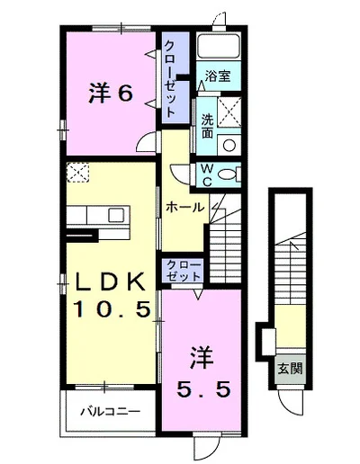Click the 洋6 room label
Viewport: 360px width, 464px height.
(x=111, y=94)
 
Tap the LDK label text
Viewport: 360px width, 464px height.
(x=110, y=281)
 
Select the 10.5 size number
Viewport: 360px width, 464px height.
(x=112, y=309)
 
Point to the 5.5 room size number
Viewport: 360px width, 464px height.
(x=203, y=389)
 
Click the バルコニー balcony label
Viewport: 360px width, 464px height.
(x=110, y=411)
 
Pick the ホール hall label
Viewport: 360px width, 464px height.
(x=184, y=207)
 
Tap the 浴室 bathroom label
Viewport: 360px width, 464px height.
(x=218, y=76)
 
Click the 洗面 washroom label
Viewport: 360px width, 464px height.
(x=207, y=126)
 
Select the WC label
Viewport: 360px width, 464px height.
(x=207, y=174)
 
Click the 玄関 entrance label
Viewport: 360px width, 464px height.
(x=290, y=368)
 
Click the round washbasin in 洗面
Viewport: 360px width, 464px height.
(x=229, y=146)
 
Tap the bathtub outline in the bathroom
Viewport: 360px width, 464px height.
(x=219, y=45)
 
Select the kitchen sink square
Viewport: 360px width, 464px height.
(x=116, y=215)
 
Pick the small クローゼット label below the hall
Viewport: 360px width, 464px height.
(x=184, y=271)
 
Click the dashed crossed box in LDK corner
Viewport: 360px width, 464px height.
(x=77, y=173)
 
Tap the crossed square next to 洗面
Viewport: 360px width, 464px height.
(x=229, y=112)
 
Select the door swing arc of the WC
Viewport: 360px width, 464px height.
(x=176, y=174)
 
